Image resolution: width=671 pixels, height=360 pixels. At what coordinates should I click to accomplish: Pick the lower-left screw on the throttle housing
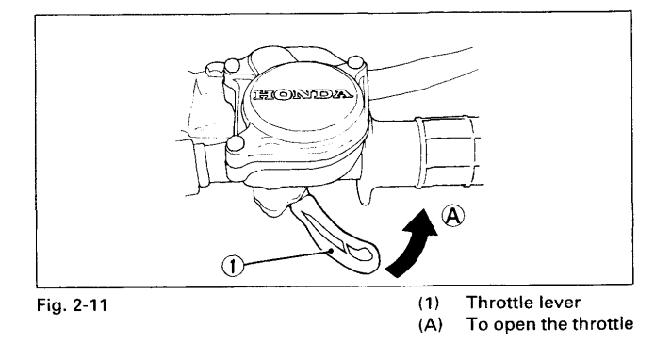pos(236,143)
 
